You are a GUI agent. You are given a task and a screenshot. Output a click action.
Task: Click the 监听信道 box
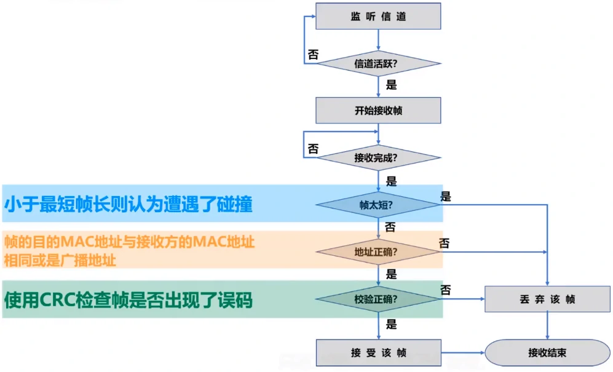(x=378, y=17)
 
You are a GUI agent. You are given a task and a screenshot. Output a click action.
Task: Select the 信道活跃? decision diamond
(x=378, y=63)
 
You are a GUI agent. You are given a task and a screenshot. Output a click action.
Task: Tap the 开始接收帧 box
(x=378, y=111)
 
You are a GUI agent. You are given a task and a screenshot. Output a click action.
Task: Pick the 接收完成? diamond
(x=378, y=157)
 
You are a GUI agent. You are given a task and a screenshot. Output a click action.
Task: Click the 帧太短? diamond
(x=378, y=205)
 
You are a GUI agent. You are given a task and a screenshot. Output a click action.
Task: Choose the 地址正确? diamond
(x=378, y=252)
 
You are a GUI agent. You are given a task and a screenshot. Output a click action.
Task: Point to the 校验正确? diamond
(x=378, y=299)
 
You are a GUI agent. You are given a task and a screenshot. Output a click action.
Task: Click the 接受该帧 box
(x=378, y=353)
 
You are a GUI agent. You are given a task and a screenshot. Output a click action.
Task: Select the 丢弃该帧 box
(x=547, y=299)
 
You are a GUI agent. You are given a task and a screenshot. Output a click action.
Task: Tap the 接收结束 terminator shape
(x=547, y=353)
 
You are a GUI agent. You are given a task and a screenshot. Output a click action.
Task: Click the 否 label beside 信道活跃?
(x=313, y=54)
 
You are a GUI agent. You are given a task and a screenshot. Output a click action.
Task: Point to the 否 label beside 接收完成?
(x=313, y=149)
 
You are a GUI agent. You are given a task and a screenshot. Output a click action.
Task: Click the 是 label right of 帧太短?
(x=446, y=197)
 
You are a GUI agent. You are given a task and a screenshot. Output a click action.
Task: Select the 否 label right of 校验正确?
(x=446, y=289)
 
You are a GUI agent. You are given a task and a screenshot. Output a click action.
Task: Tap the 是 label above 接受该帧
(x=391, y=324)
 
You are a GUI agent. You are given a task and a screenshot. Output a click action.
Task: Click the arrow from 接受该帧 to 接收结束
(x=462, y=353)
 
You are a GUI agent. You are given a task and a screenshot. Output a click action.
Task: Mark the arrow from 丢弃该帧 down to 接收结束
(x=547, y=325)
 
